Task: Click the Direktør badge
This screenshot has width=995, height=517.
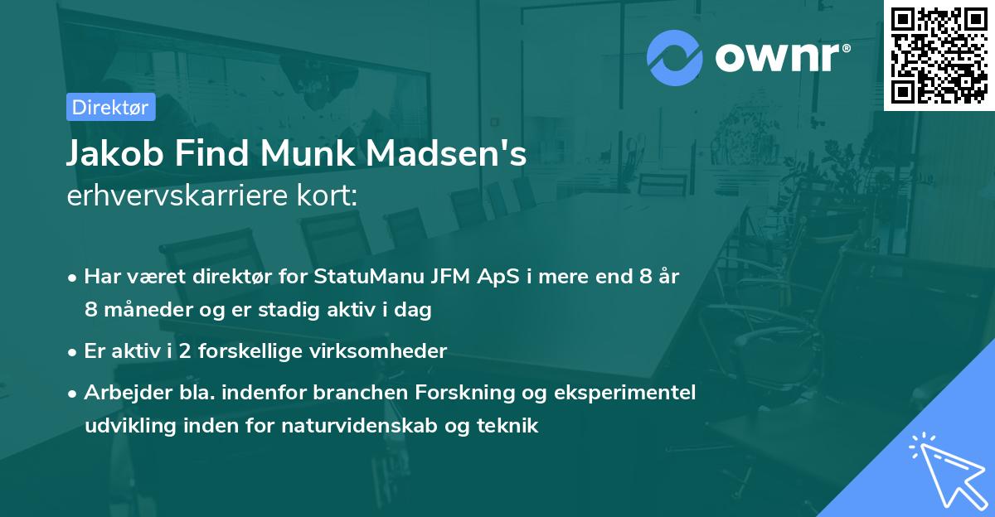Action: (x=110, y=107)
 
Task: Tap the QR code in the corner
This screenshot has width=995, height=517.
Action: (x=939, y=55)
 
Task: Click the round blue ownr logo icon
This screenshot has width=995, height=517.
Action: (x=675, y=57)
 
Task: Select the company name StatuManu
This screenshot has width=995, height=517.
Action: (x=357, y=277)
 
